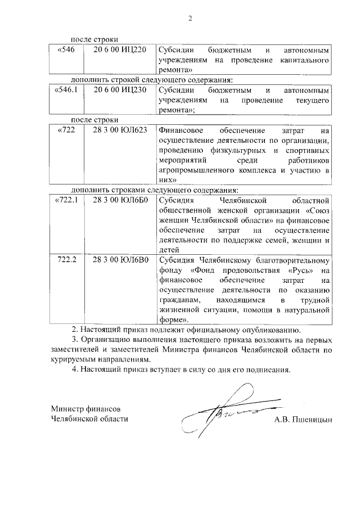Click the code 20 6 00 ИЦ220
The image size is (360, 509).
click(120, 50)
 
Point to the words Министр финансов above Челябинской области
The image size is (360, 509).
click(85, 408)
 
